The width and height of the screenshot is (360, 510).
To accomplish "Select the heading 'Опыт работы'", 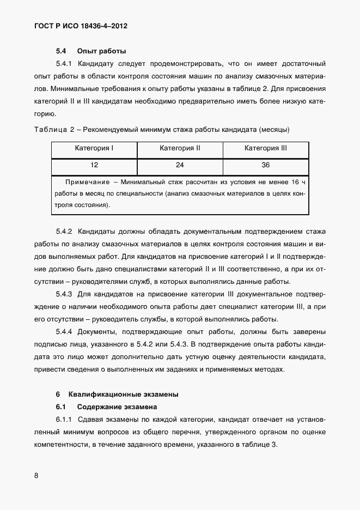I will [102, 52].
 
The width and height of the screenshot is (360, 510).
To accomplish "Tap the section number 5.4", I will [61, 52].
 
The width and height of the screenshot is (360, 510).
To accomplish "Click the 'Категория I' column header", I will [94, 148].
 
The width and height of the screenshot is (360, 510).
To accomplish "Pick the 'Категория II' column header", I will [180, 148].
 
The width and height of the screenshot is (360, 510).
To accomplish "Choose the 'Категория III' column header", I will [266, 148].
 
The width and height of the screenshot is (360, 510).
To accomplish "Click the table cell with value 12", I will [94, 165].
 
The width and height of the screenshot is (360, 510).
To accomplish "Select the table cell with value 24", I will [180, 165].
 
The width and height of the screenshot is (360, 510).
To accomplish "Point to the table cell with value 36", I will [266, 165].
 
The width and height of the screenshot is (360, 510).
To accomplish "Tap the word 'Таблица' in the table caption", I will [50, 130].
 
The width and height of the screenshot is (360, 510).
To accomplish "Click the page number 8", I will [36, 476].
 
